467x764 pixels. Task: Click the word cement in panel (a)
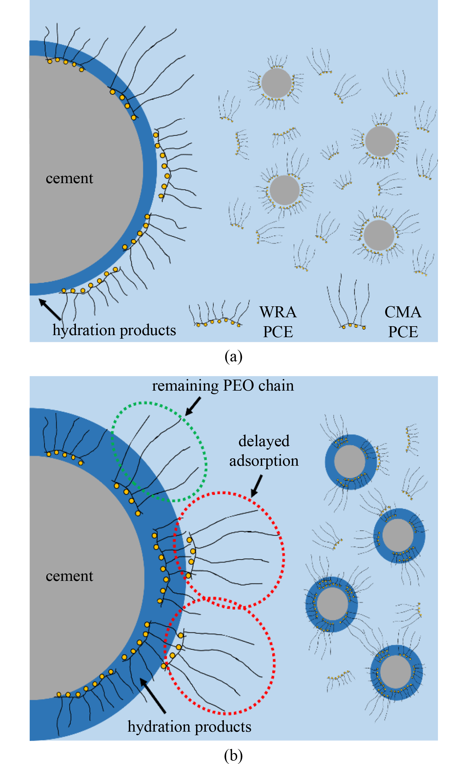click(69, 178)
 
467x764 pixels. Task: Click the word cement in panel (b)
click(69, 576)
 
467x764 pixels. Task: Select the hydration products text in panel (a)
click(114, 330)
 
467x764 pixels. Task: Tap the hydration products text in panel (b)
click(189, 727)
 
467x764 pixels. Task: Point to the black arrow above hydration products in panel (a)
click(50, 309)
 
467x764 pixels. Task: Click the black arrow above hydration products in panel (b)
click(153, 696)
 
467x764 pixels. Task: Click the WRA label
click(278, 312)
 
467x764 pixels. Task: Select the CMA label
click(403, 312)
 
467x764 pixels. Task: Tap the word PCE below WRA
click(278, 332)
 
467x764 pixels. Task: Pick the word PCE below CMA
click(403, 332)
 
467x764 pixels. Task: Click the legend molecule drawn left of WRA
click(219, 315)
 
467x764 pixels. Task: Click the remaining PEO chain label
click(223, 386)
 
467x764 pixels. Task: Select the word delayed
click(264, 441)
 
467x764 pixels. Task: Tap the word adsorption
click(264, 461)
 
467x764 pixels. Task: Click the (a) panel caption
click(233, 356)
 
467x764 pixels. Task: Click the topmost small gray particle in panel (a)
click(276, 83)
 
